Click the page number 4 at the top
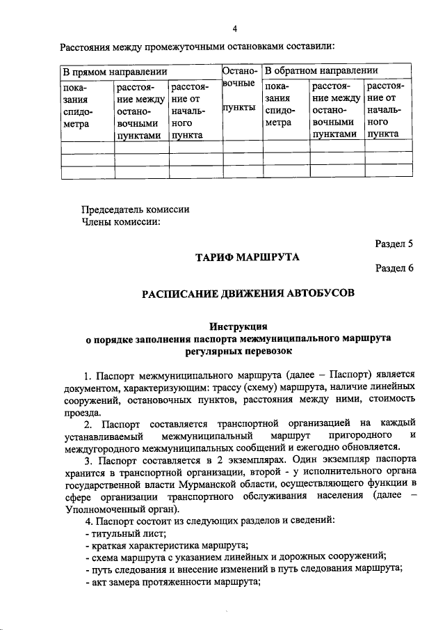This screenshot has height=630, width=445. tap(235, 29)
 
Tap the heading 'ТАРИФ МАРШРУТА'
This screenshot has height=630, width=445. tap(247, 258)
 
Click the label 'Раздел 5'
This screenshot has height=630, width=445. tap(394, 244)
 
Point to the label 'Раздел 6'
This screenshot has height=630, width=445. tap(394, 268)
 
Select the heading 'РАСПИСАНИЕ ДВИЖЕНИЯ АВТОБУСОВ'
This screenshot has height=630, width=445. tap(248, 292)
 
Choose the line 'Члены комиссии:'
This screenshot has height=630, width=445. tap(121, 222)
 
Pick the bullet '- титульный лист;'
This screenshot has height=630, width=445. tap(124, 533)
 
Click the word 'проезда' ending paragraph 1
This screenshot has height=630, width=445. tap(81, 411)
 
